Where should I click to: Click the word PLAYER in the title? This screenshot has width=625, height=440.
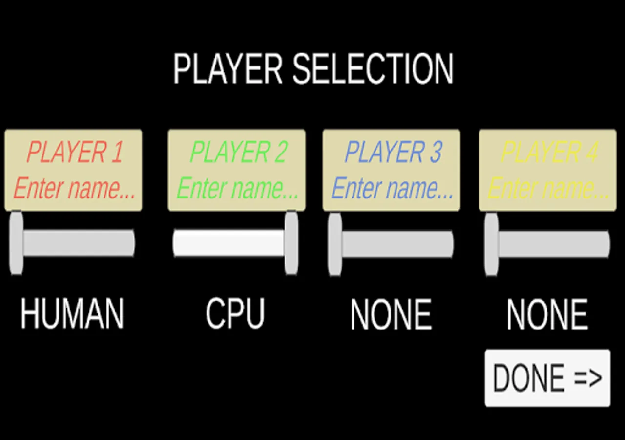(228, 69)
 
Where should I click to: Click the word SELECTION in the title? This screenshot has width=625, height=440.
(373, 69)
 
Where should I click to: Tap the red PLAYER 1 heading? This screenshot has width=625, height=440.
(75, 152)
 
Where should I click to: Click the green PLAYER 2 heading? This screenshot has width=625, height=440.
(239, 152)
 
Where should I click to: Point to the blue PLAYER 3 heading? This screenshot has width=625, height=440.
(394, 152)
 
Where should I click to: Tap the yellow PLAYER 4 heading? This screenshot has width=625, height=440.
(550, 152)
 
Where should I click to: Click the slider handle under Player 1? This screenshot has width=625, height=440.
(16, 243)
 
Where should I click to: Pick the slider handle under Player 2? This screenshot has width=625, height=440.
(292, 243)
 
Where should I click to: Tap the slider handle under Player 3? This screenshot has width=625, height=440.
(335, 244)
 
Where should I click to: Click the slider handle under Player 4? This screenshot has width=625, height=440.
(491, 244)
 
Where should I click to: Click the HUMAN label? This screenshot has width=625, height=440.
(72, 313)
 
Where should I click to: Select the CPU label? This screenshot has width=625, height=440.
(235, 313)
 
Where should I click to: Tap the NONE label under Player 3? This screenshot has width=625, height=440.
(391, 314)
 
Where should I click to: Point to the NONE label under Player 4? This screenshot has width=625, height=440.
(547, 314)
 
